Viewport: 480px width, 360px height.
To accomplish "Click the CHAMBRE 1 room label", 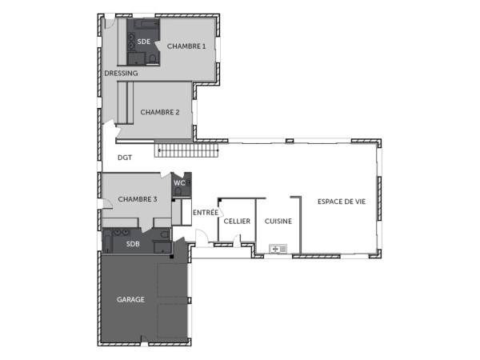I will (x=186, y=46).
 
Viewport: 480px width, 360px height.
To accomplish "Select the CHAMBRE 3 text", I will (x=138, y=198).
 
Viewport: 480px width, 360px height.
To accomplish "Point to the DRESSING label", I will (x=121, y=73).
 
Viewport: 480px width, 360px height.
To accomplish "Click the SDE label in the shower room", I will (x=143, y=41).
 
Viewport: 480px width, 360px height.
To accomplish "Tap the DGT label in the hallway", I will (x=125, y=158).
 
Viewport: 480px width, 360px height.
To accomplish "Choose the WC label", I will (x=179, y=183).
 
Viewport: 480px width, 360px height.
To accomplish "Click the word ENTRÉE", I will (x=206, y=212).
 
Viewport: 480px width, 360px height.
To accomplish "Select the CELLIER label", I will (x=237, y=221).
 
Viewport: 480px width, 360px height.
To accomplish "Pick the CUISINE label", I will (x=278, y=221).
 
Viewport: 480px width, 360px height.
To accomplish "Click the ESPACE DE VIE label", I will (x=341, y=202).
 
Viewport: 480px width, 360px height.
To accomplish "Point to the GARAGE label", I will (x=130, y=299).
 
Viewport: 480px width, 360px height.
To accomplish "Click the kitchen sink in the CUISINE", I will (x=279, y=249).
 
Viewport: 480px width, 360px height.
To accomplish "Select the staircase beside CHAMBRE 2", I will (x=186, y=150).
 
